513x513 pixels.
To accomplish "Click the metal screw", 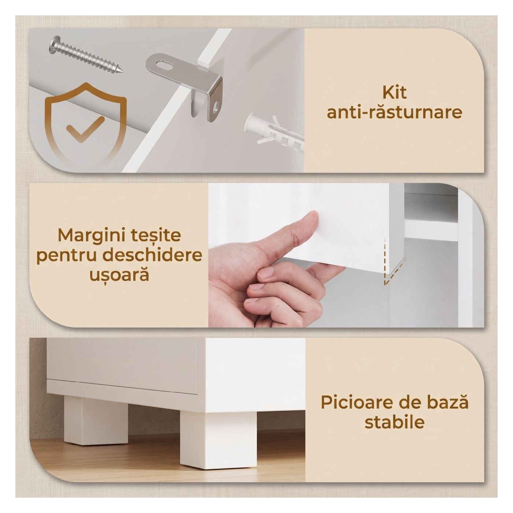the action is point(86,55).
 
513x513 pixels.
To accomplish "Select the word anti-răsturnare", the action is point(394,112).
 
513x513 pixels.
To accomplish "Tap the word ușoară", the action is point(119,275).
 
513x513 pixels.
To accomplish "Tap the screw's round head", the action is point(55,43).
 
